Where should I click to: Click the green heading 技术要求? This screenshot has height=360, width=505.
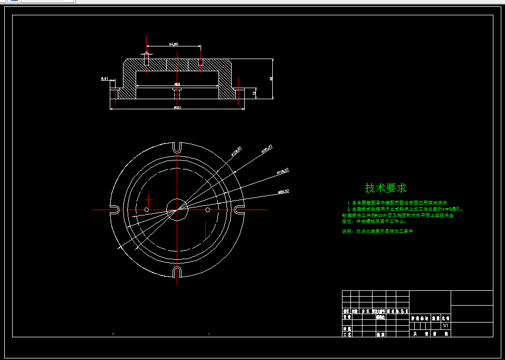tap(386, 188)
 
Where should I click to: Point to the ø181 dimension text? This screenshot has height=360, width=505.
tap(177, 108)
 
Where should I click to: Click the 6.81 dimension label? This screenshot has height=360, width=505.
tap(104, 79)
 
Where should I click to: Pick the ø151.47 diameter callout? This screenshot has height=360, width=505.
tap(266, 148)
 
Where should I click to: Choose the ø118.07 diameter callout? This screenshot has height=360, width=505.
tap(282, 171)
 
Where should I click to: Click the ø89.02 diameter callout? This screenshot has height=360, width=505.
tap(283, 191)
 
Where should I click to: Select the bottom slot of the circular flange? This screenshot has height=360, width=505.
tap(177, 272)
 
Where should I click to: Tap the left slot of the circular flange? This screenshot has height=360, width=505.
tap(114, 210)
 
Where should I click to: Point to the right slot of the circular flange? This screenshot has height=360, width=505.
tap(240, 210)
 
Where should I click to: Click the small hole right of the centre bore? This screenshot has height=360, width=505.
tap(207, 210)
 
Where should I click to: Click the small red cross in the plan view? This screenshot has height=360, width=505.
tap(149, 200)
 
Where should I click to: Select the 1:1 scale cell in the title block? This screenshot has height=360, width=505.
tap(445, 326)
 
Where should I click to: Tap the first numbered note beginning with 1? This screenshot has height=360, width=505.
tap(397, 203)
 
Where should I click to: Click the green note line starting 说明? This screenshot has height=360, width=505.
tap(378, 231)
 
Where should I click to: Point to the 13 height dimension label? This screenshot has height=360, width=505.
tap(254, 93)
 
